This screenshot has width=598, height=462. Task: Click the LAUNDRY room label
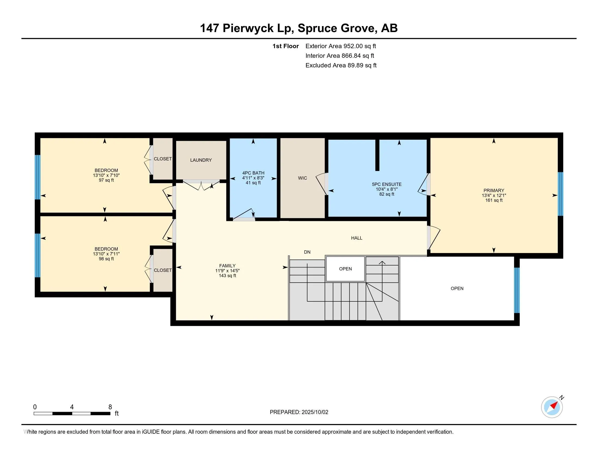coord(201,160)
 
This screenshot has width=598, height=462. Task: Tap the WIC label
coord(302,178)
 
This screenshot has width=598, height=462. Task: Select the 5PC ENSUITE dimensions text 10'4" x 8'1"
coord(386,189)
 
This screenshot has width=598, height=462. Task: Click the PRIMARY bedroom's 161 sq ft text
coord(494,200)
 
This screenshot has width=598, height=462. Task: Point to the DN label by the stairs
coord(307,252)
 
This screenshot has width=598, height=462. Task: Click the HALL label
coord(357,238)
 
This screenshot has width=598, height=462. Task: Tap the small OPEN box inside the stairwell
coord(345,269)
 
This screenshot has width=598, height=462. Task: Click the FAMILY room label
coord(227,266)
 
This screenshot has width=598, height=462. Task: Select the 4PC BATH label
coord(253,173)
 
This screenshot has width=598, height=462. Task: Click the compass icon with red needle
coord(552,407)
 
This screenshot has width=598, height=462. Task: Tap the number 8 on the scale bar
coord(110,407)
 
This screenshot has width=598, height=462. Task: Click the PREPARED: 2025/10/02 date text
coord(299,412)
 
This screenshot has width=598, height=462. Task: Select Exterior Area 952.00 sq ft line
coord(340,46)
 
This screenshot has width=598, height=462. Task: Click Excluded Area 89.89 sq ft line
coord(341,65)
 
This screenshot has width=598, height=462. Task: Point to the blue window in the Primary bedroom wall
coord(560,194)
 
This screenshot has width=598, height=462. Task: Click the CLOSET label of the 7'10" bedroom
coord(163,159)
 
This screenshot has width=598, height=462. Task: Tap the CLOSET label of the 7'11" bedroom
coord(163,270)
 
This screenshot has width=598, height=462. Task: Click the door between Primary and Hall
coord(429,238)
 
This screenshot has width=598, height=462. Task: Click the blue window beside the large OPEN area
coord(516,290)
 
